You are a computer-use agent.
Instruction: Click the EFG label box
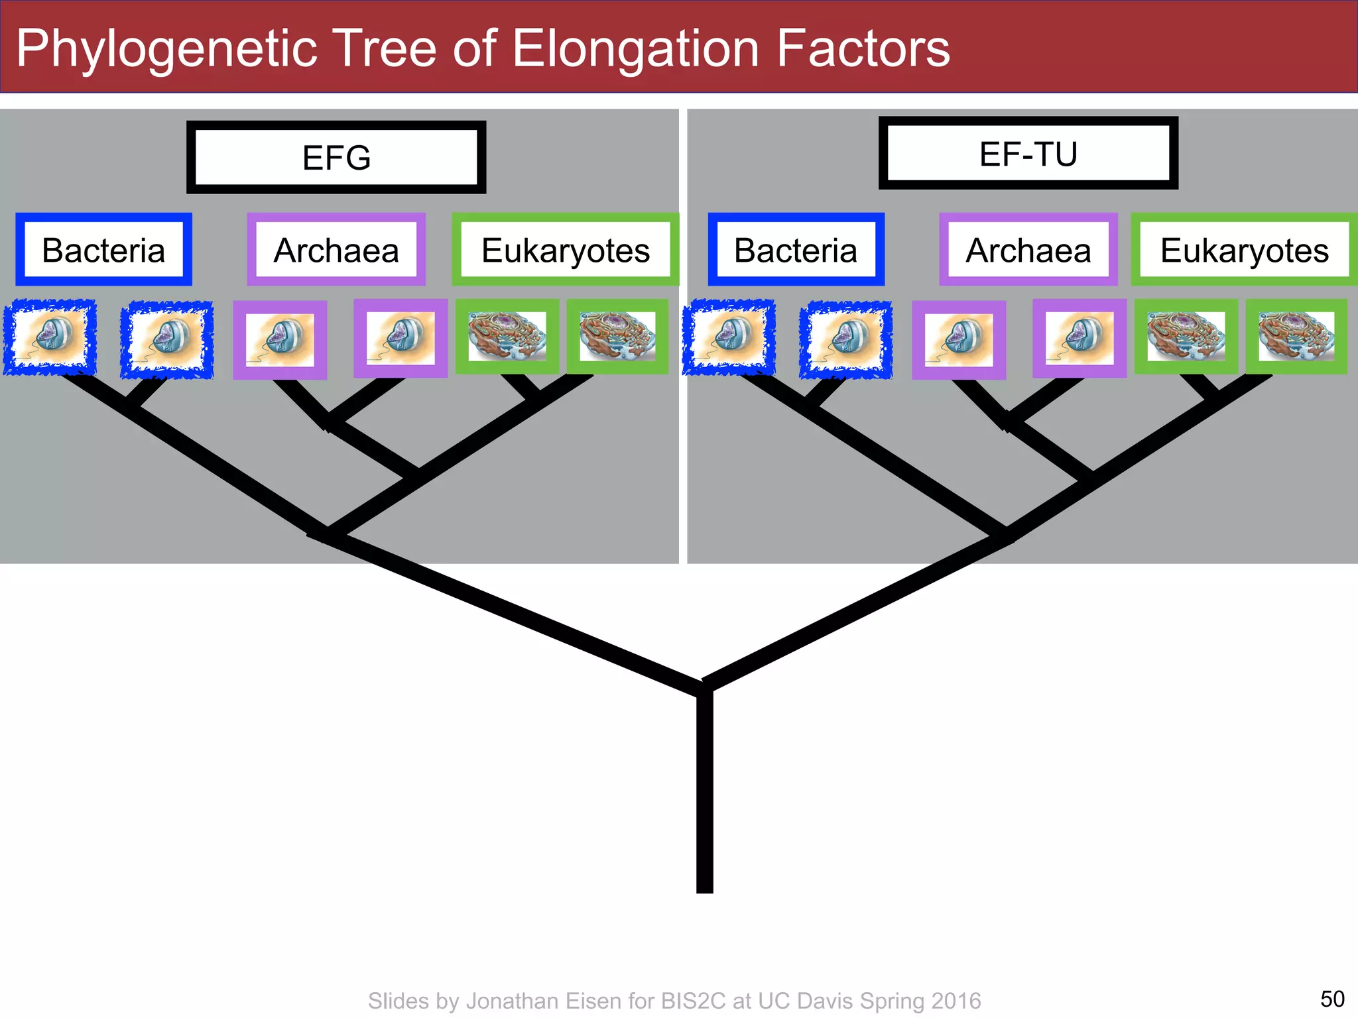tap(336, 158)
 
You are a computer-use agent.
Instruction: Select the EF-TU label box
tap(1028, 154)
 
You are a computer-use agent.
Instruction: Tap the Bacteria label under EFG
tap(103, 250)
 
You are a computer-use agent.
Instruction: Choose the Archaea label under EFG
tap(336, 250)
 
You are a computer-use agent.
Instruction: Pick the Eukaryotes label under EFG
tap(566, 250)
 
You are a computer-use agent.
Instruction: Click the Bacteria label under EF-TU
tap(796, 250)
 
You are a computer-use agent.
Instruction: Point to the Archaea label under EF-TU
tap(1028, 250)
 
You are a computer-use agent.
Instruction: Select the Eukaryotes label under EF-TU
tap(1245, 250)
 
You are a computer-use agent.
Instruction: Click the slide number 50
tap(1332, 999)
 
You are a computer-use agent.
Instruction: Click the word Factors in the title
tap(863, 48)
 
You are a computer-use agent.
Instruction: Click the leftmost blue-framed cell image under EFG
tap(50, 337)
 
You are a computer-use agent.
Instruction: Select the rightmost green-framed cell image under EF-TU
tap(1296, 337)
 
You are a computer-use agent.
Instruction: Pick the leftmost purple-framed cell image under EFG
tap(280, 339)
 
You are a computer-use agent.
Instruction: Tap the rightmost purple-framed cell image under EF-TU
tap(1080, 338)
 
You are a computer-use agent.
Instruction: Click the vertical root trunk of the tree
tap(705, 795)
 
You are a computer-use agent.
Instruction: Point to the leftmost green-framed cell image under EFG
tap(507, 336)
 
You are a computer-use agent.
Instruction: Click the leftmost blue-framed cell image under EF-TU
tap(729, 337)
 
